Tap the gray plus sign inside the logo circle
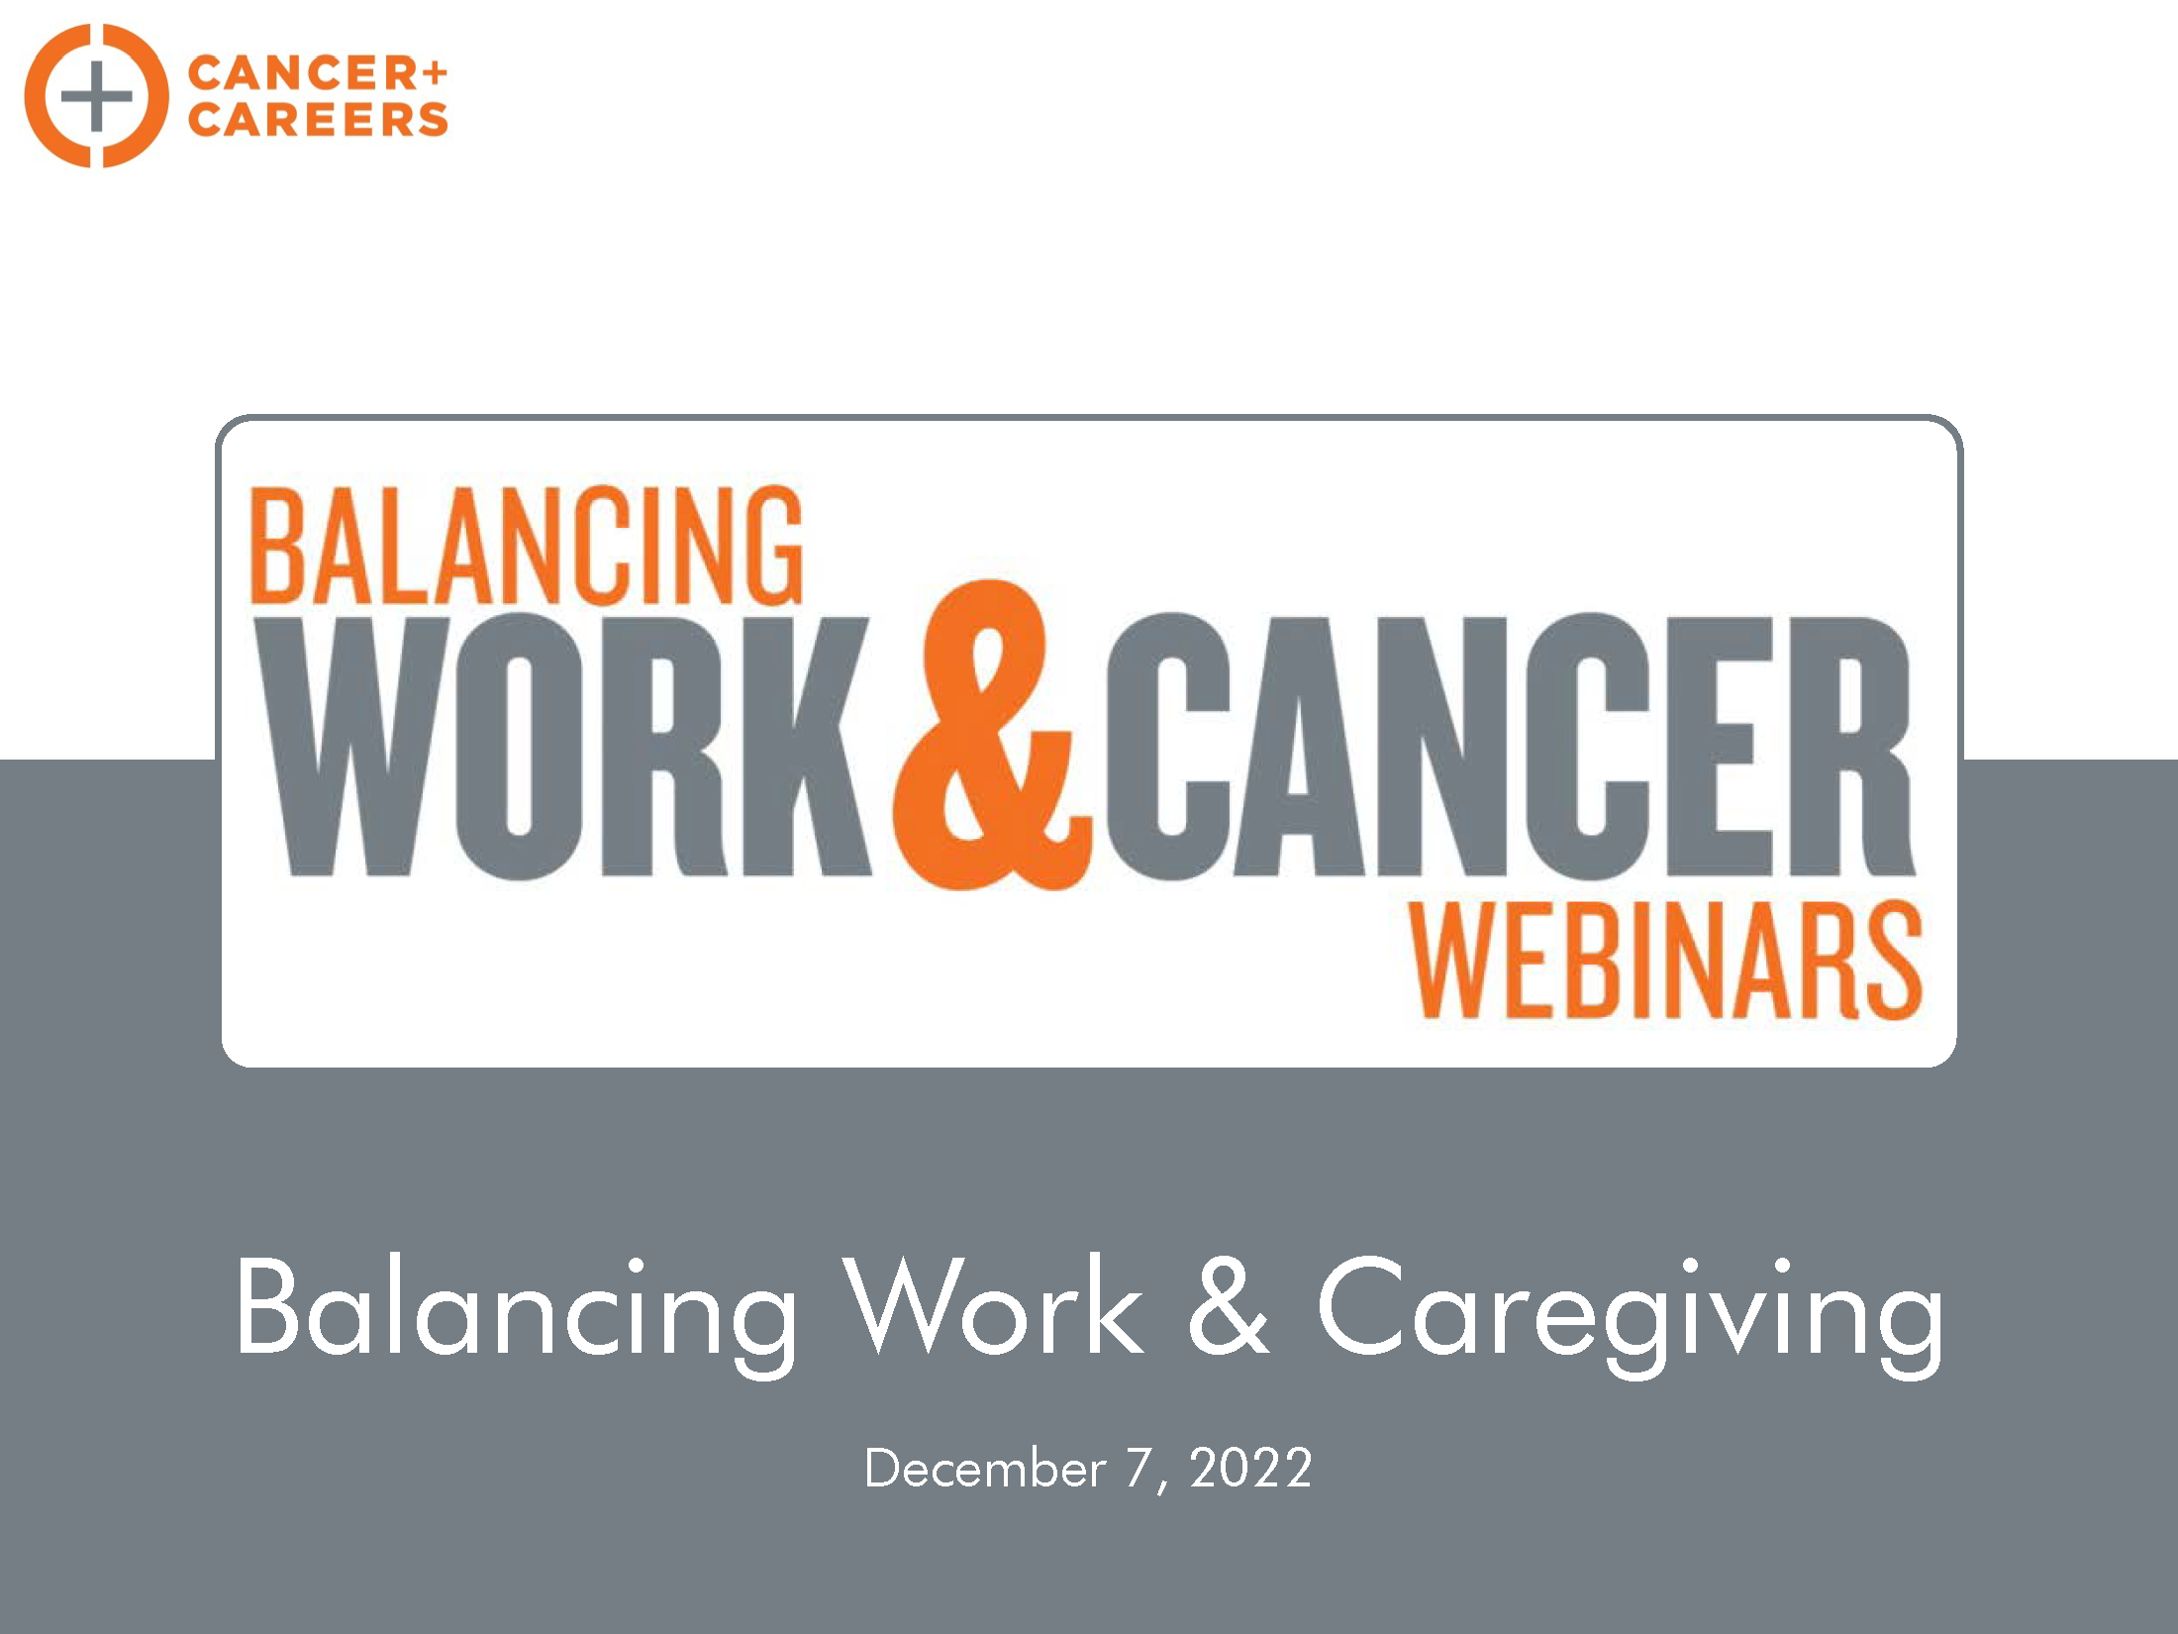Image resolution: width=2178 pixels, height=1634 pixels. pos(96,96)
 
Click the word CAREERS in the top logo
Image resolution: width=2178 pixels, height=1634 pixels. pos(318,119)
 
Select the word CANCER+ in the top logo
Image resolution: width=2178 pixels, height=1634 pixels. pos(318,73)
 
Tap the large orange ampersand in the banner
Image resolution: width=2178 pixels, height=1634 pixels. pos(992,734)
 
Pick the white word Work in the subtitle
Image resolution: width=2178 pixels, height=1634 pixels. pos(993,1305)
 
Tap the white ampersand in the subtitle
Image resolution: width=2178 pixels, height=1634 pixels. pos(1229,1305)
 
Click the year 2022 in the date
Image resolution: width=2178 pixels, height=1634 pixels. pos(1251,1468)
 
